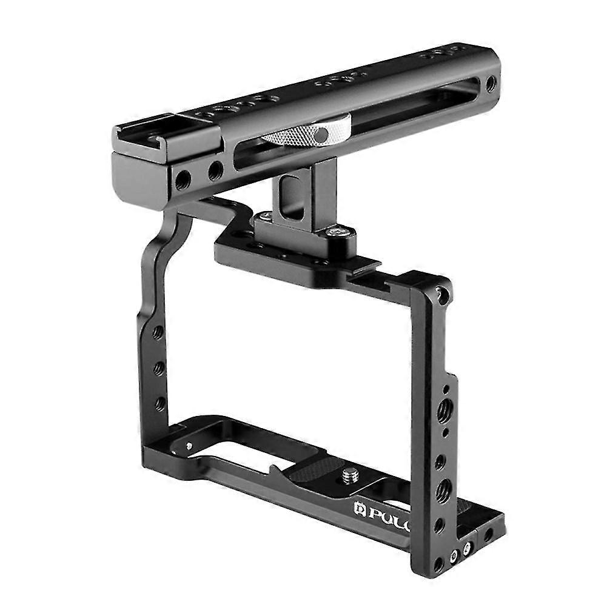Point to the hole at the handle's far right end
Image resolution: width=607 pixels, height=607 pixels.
(491, 84)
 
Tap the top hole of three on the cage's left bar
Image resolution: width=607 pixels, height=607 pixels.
(157, 332)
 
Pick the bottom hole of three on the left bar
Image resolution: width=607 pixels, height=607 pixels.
(160, 403)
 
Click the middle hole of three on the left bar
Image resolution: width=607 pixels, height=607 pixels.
(158, 368)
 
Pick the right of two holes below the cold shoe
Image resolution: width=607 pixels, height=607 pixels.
(215, 172)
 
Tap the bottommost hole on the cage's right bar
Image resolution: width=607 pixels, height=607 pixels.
(438, 563)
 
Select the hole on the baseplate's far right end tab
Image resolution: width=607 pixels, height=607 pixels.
(488, 534)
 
